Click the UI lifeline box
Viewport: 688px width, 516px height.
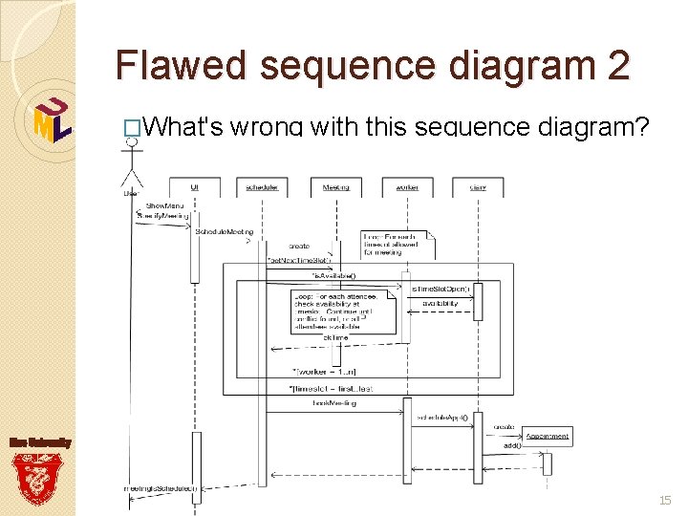point(195,187)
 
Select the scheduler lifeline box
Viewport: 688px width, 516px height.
point(262,187)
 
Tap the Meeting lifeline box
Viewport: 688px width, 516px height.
point(335,187)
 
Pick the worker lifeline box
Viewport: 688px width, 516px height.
point(406,187)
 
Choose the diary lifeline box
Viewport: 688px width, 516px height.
point(478,187)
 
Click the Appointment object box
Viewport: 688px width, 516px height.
point(548,436)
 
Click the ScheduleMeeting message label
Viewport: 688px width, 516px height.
point(225,231)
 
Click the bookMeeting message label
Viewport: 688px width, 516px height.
point(334,403)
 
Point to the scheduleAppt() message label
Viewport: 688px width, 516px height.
point(441,418)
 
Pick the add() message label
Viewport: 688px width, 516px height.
point(512,446)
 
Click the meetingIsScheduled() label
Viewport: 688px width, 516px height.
point(161,488)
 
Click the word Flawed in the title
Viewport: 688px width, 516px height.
point(181,66)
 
